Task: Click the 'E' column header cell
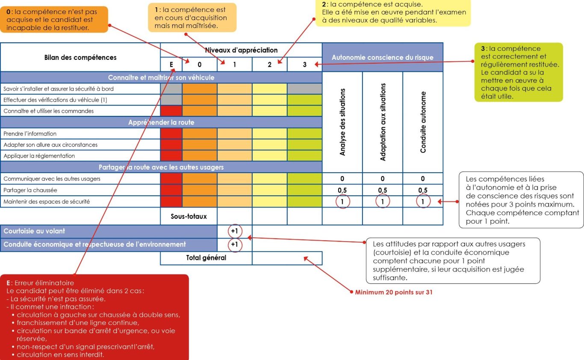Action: click(x=171, y=65)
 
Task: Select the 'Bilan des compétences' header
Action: click(x=80, y=57)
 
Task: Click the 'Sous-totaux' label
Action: click(x=189, y=216)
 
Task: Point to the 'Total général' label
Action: click(x=206, y=258)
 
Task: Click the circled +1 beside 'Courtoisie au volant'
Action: click(x=234, y=231)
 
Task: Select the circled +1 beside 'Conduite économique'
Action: click(x=234, y=245)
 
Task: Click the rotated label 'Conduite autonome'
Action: click(x=423, y=122)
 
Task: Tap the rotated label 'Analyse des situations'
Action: click(x=342, y=122)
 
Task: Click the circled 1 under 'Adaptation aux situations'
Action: click(x=383, y=201)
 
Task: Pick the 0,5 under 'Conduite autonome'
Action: click(x=423, y=190)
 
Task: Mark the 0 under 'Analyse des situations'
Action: click(x=342, y=179)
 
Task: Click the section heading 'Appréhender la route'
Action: click(x=161, y=123)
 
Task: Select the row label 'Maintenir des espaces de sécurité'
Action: click(x=47, y=201)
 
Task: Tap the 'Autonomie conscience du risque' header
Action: click(x=382, y=57)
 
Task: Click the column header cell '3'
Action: click(x=304, y=65)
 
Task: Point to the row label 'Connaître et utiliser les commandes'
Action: click(x=48, y=111)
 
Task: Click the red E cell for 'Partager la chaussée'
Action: click(x=171, y=190)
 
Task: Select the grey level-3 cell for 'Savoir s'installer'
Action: click(x=304, y=89)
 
